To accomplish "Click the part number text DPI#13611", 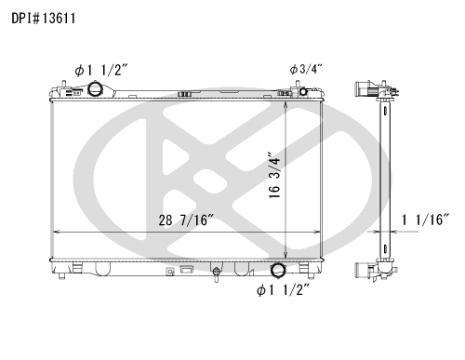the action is tap(44, 19).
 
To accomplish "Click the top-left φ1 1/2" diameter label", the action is tap(101, 71).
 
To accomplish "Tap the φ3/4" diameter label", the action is tap(306, 69).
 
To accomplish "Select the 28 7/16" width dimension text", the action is tap(186, 220).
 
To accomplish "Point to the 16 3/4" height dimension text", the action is tap(274, 175).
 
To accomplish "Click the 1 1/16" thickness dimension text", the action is tap(425, 220).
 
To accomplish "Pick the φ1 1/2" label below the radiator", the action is tap(283, 290).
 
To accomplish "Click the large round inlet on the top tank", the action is tap(94, 89).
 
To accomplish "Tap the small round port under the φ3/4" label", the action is tap(303, 91).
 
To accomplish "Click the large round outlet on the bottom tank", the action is tap(277, 270).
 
